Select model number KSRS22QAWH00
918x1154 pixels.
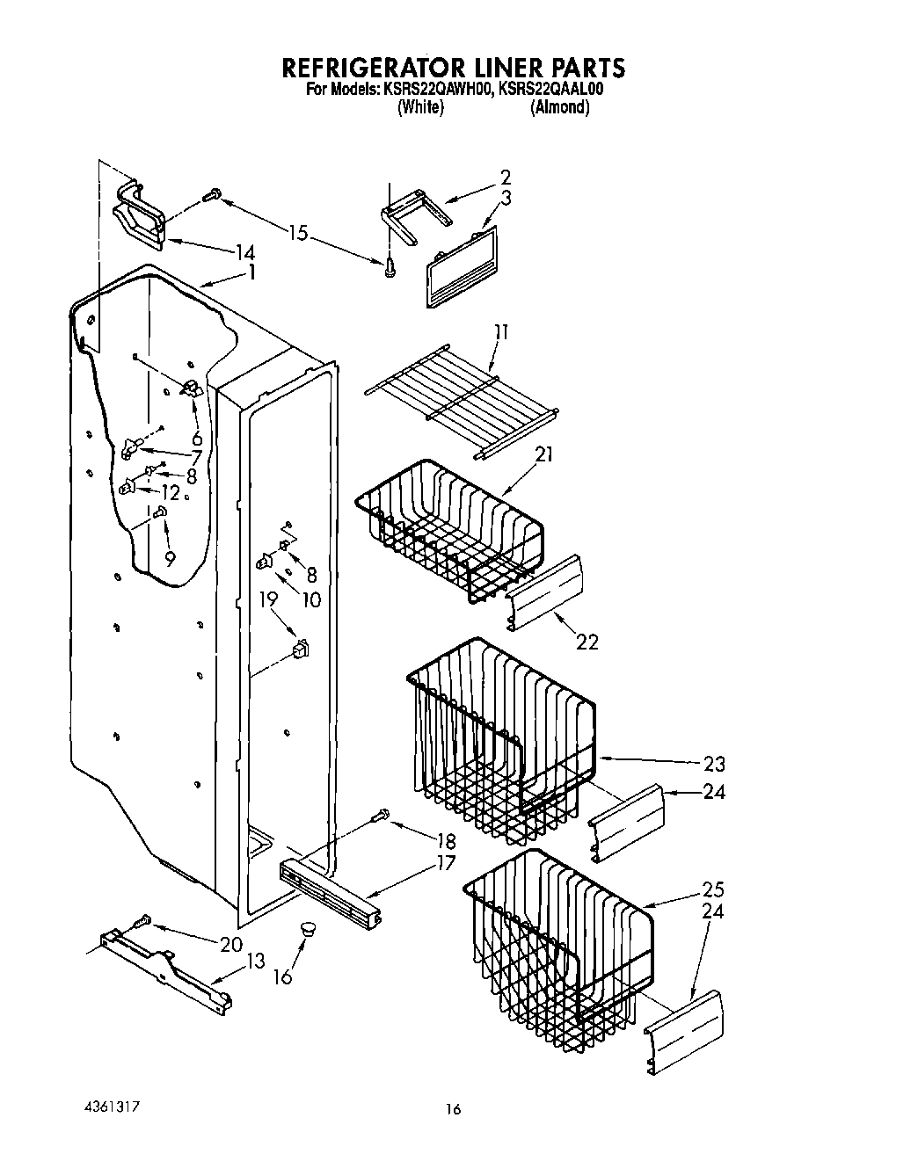pos(435,89)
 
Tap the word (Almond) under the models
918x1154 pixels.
pos(559,107)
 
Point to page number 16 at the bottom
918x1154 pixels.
pos(452,1110)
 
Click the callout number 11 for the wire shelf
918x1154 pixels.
pos(500,332)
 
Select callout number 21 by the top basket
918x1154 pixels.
pos(545,455)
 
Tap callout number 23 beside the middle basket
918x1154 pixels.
pos(714,763)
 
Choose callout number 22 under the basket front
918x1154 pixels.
pos(586,642)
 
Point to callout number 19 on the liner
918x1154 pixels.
pos(268,600)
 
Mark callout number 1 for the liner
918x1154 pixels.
pos(252,272)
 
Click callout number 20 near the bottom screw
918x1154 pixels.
pos(230,944)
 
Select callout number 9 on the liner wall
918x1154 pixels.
pos(169,556)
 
